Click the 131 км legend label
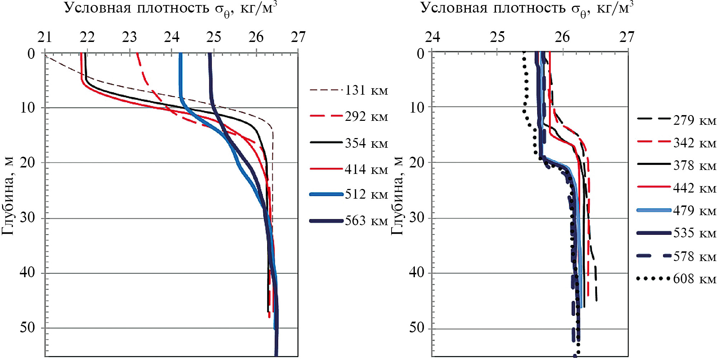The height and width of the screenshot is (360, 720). point(366,90)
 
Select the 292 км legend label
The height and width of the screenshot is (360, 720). point(366,117)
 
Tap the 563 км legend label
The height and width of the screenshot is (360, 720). point(366,221)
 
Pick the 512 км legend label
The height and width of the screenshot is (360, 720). point(366,195)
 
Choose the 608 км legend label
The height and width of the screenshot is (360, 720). point(694,279)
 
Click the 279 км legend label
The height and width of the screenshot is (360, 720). point(694,120)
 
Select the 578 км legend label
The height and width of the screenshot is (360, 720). point(694,257)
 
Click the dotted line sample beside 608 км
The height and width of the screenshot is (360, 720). point(653,278)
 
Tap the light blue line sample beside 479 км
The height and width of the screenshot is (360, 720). point(653,210)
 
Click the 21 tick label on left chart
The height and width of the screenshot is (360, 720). point(45,37)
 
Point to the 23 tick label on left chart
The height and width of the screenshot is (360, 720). point(129,37)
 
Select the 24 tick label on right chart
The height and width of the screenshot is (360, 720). point(432,37)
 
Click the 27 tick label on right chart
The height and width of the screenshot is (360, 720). point(627,37)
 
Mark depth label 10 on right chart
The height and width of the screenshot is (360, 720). point(417,107)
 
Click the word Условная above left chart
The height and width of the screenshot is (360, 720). point(98,8)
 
